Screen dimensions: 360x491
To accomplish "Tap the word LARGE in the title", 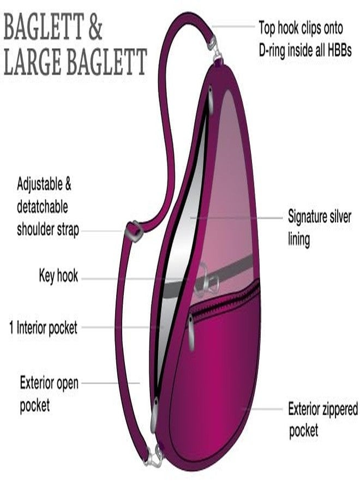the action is tap(32, 61).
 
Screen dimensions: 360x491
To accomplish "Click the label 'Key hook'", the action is tap(58, 276).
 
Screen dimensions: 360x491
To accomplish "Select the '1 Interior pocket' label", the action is tap(43, 327).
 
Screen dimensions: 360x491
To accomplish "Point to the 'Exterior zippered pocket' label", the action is tap(323, 420).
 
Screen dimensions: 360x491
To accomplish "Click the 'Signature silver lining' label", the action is tap(319, 227).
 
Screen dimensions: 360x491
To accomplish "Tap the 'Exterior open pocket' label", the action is tap(49, 393).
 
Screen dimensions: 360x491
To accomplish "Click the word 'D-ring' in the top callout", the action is tap(272, 50).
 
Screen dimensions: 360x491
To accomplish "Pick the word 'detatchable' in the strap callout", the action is tap(42, 207).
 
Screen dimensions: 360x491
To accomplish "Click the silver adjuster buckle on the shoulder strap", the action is tap(134, 231).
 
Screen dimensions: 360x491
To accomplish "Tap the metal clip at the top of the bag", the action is tap(215, 49).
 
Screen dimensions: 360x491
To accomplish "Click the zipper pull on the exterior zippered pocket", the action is tap(191, 332).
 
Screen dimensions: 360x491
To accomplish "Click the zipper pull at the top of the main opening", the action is tap(211, 100).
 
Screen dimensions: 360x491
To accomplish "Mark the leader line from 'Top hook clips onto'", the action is tap(234, 27).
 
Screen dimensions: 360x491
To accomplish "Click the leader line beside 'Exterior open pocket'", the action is tap(111, 382).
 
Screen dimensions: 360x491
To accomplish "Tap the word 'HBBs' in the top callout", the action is tap(340, 50).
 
